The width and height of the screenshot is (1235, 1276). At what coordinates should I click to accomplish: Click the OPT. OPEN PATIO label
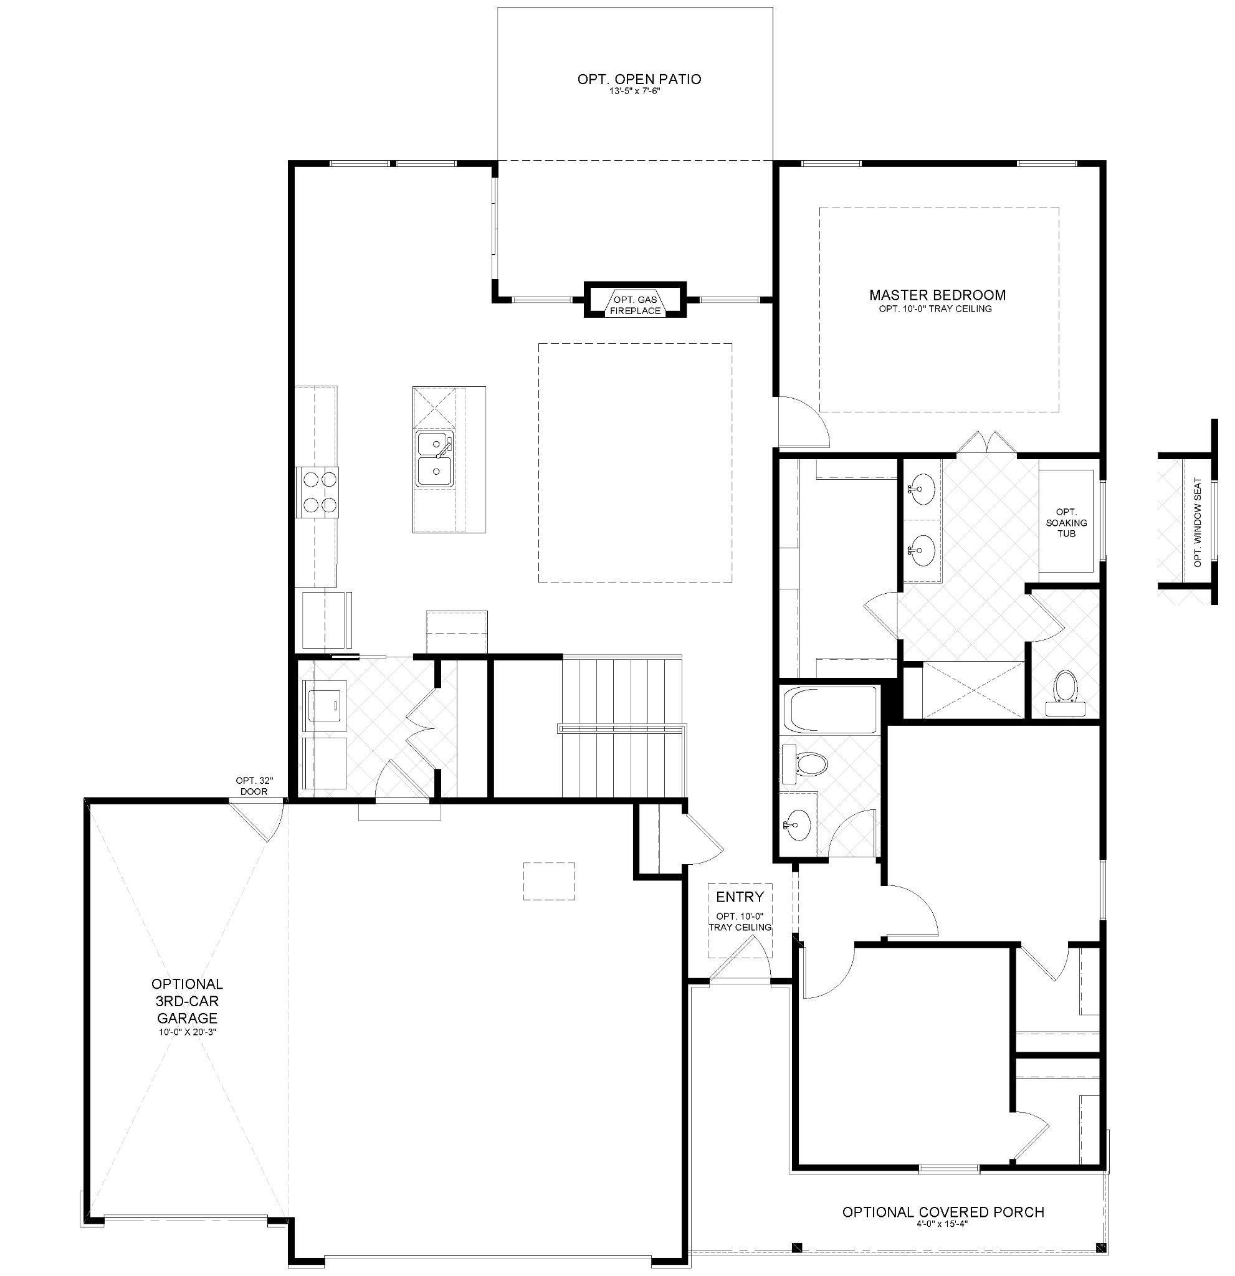tap(639, 79)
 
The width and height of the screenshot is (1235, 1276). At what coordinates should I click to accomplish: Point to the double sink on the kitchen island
tap(435, 459)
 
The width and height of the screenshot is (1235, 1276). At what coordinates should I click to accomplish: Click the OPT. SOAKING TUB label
tap(1066, 522)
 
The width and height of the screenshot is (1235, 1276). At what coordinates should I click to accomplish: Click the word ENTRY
tap(740, 897)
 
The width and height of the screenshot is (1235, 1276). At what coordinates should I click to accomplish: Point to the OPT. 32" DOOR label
tap(253, 786)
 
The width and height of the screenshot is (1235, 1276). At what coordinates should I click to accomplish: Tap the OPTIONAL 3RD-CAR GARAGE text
tap(187, 1001)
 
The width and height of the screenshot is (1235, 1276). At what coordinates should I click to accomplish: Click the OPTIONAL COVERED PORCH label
tap(943, 1212)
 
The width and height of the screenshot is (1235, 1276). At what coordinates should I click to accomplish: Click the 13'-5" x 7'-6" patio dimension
tap(639, 92)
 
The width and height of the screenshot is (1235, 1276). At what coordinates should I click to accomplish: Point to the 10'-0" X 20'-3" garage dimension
tap(187, 1032)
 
